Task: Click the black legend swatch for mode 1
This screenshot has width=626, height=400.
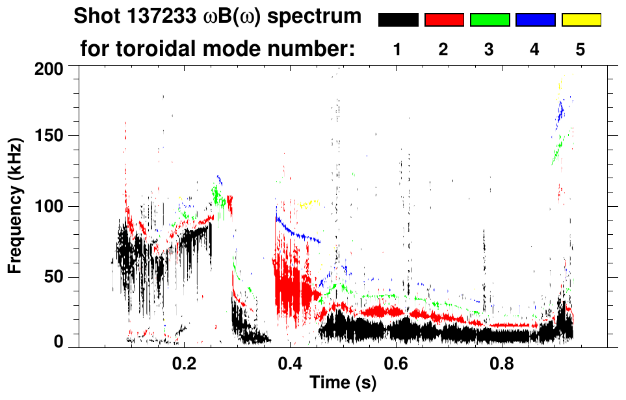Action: pyautogui.click(x=398, y=20)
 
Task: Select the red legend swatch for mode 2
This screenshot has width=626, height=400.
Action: pyautogui.click(x=444, y=20)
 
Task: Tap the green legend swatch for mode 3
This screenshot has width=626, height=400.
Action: pyautogui.click(x=489, y=20)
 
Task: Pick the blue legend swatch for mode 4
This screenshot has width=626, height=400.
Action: pyautogui.click(x=535, y=20)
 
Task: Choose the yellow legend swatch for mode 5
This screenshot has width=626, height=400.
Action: pyautogui.click(x=581, y=20)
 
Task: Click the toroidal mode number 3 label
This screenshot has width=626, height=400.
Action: pyautogui.click(x=489, y=50)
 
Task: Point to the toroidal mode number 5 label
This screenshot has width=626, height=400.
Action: pyautogui.click(x=580, y=50)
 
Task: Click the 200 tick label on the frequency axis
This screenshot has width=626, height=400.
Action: pyautogui.click(x=48, y=68)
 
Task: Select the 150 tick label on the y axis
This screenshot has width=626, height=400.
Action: pyautogui.click(x=48, y=137)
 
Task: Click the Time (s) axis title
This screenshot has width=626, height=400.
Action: pyautogui.click(x=342, y=384)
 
